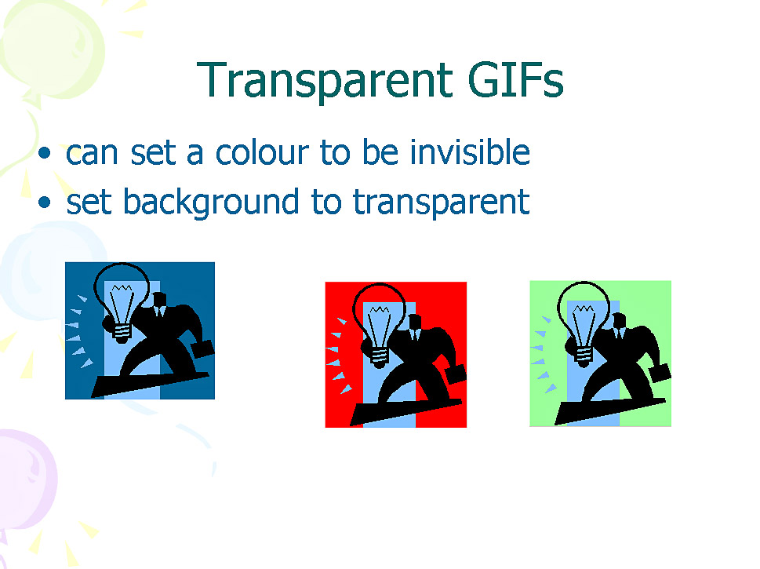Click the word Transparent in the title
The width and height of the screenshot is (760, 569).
[x=325, y=81]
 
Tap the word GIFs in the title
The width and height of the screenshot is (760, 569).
[x=516, y=79]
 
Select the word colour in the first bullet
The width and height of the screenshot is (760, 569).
[x=262, y=152]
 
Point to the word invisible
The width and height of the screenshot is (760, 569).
[x=470, y=151]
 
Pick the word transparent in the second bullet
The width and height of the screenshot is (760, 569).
[x=441, y=203]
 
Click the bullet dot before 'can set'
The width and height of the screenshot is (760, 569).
[x=45, y=153]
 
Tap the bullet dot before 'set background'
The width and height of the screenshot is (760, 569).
[x=45, y=202]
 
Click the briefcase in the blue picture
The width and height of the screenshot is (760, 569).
[x=202, y=348]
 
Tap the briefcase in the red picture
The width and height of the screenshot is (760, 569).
[x=456, y=374]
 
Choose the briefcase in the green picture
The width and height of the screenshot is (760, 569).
[x=660, y=373]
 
